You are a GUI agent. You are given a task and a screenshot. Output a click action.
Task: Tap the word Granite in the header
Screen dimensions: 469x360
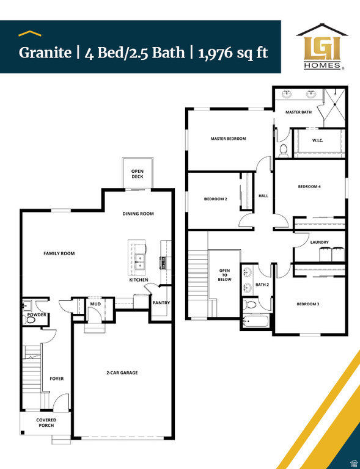pos(45,52)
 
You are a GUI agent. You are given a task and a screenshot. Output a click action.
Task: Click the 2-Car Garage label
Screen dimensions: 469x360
pos(122,373)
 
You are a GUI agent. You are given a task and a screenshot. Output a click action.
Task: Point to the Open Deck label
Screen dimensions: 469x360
pos(138,174)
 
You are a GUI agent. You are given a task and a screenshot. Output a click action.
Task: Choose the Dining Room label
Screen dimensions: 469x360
pos(138,214)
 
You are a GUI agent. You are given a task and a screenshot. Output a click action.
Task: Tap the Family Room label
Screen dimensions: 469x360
pos(59,253)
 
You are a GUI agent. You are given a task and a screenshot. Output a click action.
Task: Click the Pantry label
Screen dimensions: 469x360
pos(161,303)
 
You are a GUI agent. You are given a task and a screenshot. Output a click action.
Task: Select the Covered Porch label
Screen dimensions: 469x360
pos(46,423)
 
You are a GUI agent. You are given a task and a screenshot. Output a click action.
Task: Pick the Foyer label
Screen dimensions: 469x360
pos(56,379)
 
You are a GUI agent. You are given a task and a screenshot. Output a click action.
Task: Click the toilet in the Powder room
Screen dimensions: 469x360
pos(31,319)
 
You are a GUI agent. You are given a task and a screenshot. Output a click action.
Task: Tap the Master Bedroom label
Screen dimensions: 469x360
pos(228,139)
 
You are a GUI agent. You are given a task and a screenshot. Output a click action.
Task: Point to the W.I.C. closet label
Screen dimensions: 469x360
pos(318,141)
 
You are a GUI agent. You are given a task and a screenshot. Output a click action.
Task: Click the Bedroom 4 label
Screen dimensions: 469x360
pos(309,186)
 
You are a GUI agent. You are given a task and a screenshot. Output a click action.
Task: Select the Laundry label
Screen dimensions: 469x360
pos(319,242)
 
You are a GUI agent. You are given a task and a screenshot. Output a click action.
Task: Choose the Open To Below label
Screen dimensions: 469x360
pos(225,275)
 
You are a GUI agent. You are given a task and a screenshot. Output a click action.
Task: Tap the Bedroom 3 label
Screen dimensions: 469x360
pos(309,304)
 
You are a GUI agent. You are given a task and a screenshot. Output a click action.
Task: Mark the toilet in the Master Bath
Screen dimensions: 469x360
pos(283,149)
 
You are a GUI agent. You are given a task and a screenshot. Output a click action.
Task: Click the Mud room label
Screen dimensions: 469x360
pos(95,304)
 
